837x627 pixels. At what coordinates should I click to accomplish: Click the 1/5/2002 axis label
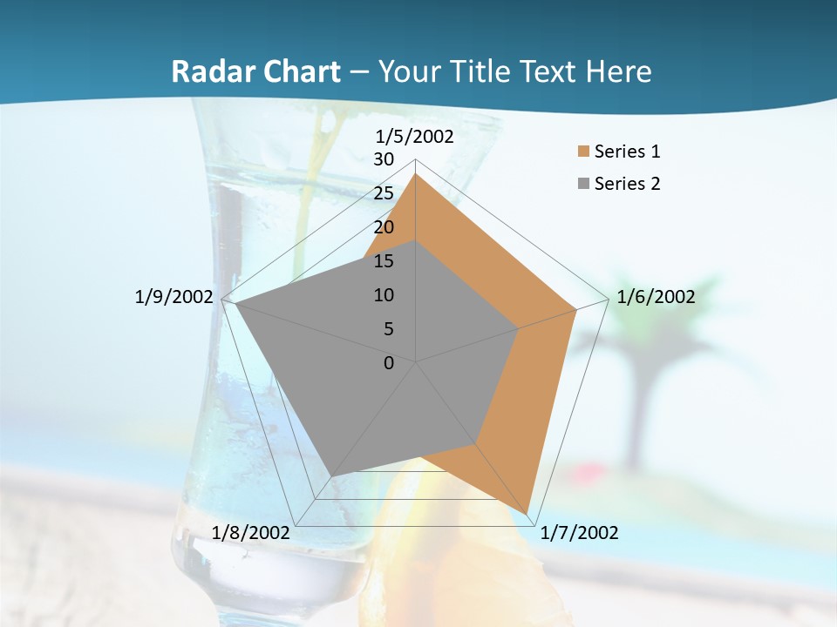coord(415,136)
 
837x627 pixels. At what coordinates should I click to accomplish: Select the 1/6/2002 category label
coord(656,297)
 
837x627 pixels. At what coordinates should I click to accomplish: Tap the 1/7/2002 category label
coord(579,533)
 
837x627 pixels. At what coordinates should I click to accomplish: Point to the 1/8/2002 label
coord(251,532)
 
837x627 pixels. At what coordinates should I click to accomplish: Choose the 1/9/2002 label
coord(174,297)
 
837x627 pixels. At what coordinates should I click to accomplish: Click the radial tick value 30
coord(384,159)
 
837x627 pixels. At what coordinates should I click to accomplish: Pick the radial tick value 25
coord(384,193)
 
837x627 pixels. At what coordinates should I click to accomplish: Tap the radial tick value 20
coord(384,227)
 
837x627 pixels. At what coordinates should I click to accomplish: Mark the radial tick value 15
coord(384,261)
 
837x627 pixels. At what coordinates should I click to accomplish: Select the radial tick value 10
coord(384,295)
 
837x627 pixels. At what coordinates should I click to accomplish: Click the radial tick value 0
coord(389,363)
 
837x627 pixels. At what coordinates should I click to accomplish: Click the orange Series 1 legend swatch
coord(583,152)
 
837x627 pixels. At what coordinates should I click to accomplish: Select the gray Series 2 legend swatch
coord(583,184)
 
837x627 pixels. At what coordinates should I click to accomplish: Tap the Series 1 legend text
coord(627,152)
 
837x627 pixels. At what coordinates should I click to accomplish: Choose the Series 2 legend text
coord(627,184)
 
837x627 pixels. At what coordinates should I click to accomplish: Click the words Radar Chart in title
coord(255,71)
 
